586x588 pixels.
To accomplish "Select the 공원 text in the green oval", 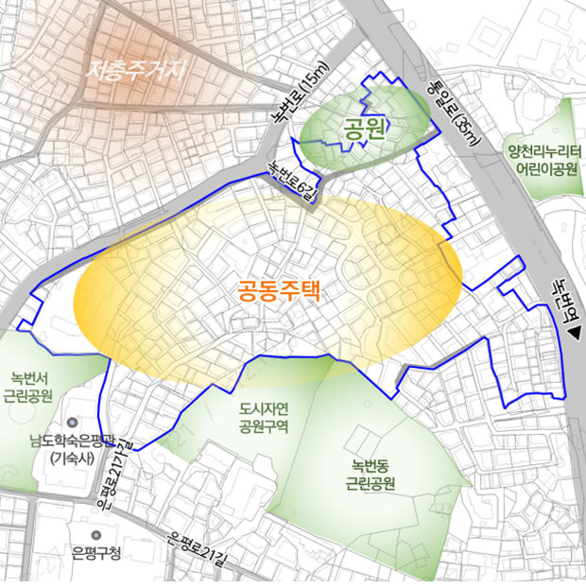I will tap(365, 129).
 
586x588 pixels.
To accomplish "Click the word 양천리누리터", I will tap(545, 151).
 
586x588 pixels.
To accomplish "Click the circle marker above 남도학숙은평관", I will tap(72, 423).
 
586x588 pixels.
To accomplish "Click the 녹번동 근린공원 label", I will tap(371, 475).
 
